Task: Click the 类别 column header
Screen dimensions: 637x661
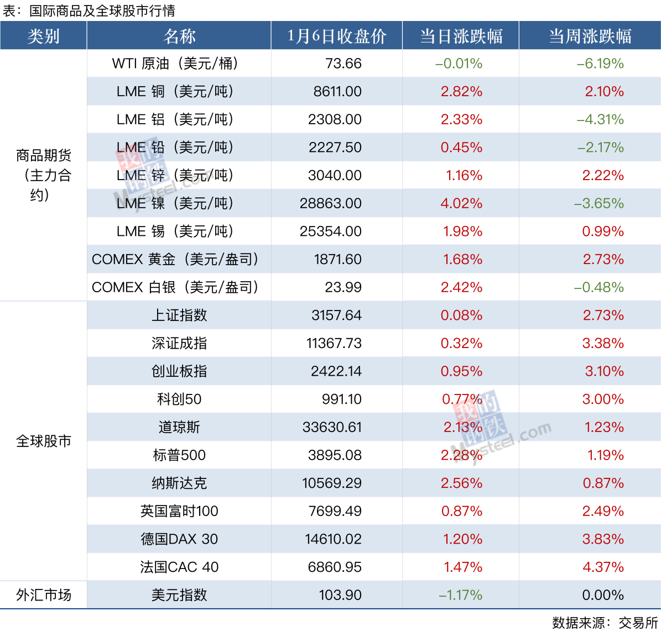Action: (x=43, y=36)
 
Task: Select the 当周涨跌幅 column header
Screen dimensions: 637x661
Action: (x=590, y=36)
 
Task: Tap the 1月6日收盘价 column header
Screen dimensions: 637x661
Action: (x=336, y=36)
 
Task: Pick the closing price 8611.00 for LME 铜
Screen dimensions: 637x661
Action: (x=337, y=92)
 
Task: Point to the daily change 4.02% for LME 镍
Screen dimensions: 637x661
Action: (x=461, y=203)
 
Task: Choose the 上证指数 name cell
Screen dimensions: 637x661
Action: (x=179, y=315)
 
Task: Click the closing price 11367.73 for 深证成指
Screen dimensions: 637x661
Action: (x=334, y=344)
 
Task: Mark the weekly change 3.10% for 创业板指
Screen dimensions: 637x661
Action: (x=604, y=371)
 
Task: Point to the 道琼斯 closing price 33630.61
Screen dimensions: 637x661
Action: (x=332, y=427)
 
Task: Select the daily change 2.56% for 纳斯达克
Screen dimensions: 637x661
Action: (x=461, y=483)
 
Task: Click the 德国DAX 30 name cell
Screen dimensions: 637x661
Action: (x=179, y=539)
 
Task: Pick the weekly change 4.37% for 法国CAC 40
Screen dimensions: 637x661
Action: (x=603, y=567)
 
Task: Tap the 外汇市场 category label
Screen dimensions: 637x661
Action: (x=43, y=595)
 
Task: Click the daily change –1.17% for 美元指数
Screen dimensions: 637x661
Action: (x=460, y=595)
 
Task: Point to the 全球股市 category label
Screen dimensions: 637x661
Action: (x=43, y=441)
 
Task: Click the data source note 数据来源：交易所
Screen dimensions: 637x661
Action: (x=605, y=623)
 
